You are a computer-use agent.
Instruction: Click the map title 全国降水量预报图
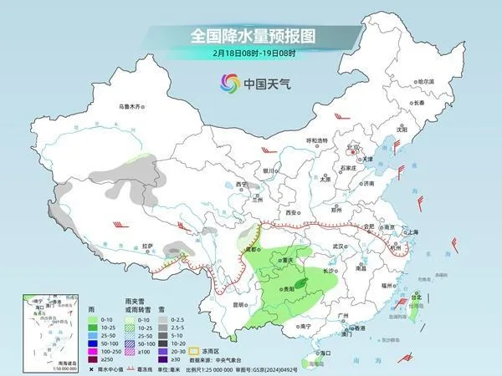[x=250, y=36]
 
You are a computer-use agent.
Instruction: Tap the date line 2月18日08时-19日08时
[x=250, y=54]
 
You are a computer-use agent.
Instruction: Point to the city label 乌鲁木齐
[x=131, y=106]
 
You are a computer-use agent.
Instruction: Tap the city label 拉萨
[x=148, y=246]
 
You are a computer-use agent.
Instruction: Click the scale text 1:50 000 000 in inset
[x=43, y=368]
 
